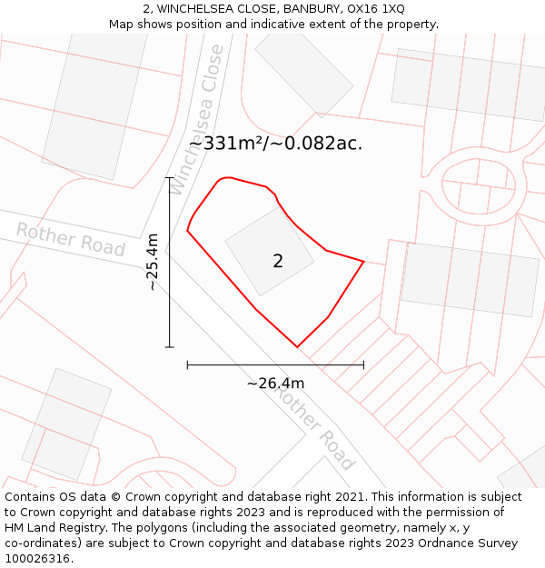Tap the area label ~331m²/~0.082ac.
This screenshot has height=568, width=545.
(x=275, y=144)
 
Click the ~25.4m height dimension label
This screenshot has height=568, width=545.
(x=152, y=262)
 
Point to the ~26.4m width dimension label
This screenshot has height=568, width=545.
(x=275, y=383)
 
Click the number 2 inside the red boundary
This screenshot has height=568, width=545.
(x=278, y=261)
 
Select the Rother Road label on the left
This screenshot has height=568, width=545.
(x=70, y=238)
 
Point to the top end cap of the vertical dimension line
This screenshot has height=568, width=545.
(x=169, y=178)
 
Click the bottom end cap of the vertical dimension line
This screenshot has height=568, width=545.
(x=169, y=347)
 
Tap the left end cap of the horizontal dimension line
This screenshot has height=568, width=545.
(x=187, y=364)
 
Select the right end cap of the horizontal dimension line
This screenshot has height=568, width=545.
(x=363, y=364)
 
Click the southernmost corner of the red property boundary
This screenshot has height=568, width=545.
(x=297, y=347)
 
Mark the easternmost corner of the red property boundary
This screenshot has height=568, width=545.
(x=363, y=262)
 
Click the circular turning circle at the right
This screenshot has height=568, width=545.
(x=478, y=185)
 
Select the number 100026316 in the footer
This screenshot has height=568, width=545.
(x=36, y=558)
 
